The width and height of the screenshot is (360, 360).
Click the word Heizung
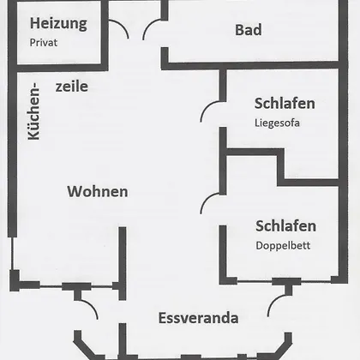point(58,24)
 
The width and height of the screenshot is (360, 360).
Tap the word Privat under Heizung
point(44,43)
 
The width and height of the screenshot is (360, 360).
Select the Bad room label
point(249,30)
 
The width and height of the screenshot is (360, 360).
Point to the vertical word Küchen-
point(34,111)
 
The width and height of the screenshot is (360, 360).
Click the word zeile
point(72,87)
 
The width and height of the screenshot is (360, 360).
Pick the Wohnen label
point(98,191)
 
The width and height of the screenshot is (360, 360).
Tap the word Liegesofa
point(277,123)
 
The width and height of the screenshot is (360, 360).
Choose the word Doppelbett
point(283,246)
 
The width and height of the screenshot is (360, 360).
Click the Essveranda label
point(199,318)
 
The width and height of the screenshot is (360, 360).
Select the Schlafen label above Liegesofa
point(285,104)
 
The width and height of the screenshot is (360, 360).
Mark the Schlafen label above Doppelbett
point(285,226)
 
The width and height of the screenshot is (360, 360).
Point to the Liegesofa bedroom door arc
point(207,107)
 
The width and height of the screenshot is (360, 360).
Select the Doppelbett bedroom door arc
point(207,200)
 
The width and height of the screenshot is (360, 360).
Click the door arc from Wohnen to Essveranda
point(92,305)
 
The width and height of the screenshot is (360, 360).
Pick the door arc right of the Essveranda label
point(273,302)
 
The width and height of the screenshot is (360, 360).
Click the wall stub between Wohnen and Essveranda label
point(123,263)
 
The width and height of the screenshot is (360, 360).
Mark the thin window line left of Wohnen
point(12,254)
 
